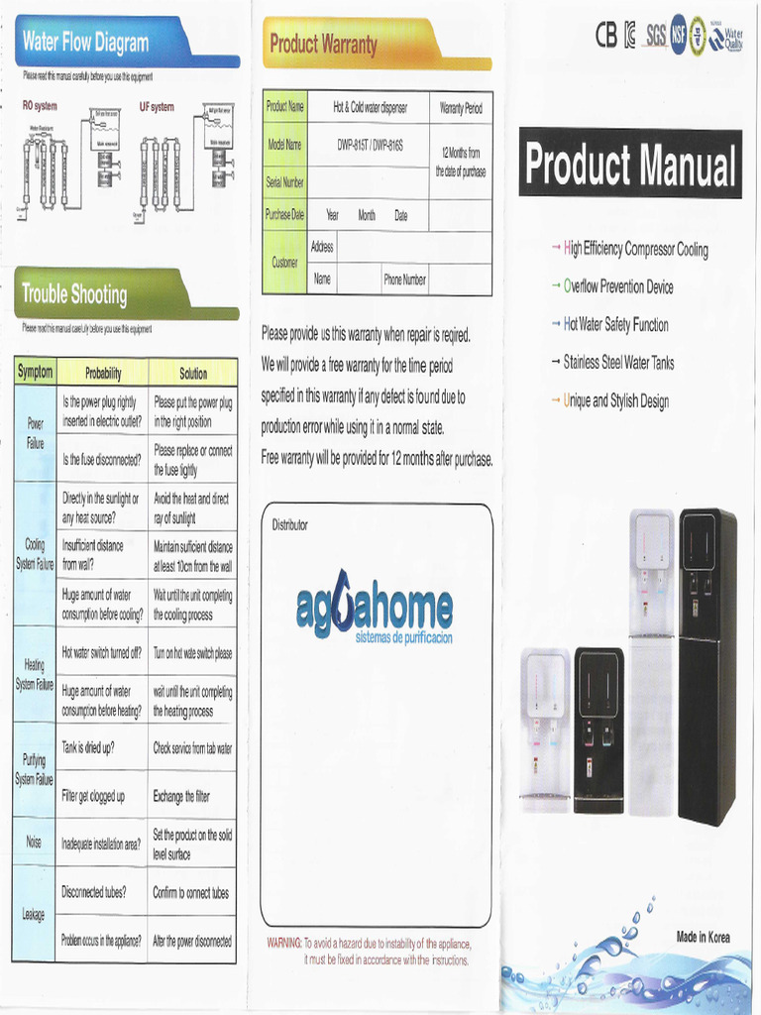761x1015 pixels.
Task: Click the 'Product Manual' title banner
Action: pyautogui.click(x=630, y=166)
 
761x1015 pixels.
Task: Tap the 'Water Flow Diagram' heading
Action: pyautogui.click(x=85, y=43)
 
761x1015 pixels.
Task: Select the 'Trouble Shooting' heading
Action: pyautogui.click(x=74, y=294)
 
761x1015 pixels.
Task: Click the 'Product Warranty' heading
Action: pyautogui.click(x=323, y=45)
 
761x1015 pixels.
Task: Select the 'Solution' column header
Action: pyautogui.click(x=193, y=374)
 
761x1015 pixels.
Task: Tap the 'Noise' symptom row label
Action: pyautogui.click(x=34, y=843)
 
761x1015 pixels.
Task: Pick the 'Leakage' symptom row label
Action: pyautogui.click(x=34, y=915)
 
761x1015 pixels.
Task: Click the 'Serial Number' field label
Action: pyautogui.click(x=285, y=182)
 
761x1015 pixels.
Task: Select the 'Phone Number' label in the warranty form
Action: pyautogui.click(x=405, y=280)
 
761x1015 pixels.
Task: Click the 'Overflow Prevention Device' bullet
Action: pyautogui.click(x=618, y=287)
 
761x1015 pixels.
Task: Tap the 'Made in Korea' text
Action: pyautogui.click(x=703, y=937)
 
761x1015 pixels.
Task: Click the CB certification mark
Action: pyautogui.click(x=605, y=36)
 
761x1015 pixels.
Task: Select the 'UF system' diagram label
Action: pyautogui.click(x=157, y=107)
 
